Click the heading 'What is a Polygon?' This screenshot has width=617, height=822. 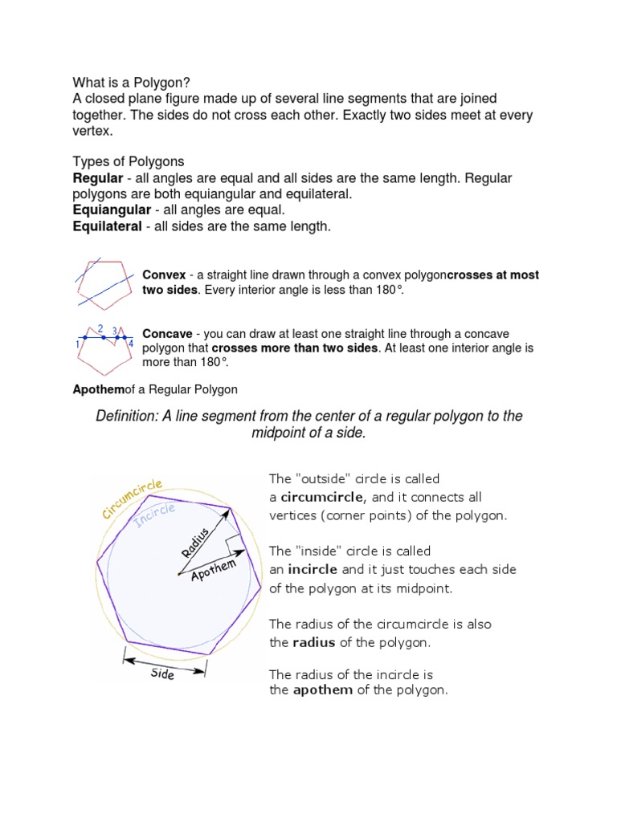coord(131,82)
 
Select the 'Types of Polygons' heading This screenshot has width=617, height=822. coord(129,161)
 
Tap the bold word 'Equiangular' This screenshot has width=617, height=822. coord(108,210)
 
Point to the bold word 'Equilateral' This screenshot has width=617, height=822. coord(106,227)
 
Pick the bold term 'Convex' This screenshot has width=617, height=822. coord(164,275)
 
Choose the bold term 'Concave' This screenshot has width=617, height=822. coord(167,333)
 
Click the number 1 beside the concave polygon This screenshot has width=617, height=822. coord(77,344)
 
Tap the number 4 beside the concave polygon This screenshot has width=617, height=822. coord(131,344)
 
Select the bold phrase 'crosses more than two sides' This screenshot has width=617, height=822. coord(294,348)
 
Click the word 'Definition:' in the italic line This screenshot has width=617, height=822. coord(129,416)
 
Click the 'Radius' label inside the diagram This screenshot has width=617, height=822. coord(195,542)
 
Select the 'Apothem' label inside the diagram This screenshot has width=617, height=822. coord(214,572)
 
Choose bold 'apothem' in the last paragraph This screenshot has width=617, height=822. coord(322,690)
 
